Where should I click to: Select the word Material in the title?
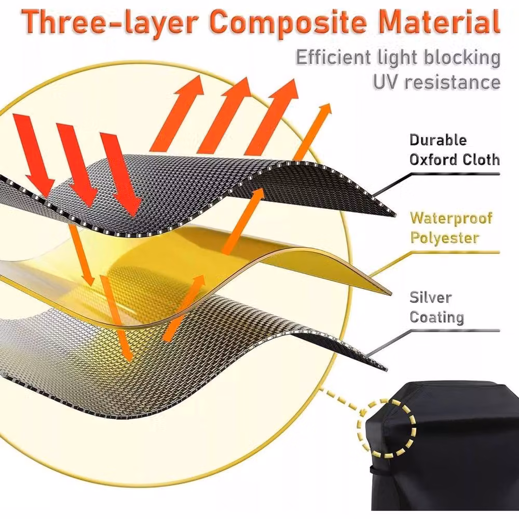439,21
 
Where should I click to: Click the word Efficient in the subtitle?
333,58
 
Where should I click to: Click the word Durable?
438,140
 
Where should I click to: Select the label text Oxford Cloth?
455,159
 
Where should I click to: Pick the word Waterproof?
451,218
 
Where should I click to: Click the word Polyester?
445,238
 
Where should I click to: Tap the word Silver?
430,297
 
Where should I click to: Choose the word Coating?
436,317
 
